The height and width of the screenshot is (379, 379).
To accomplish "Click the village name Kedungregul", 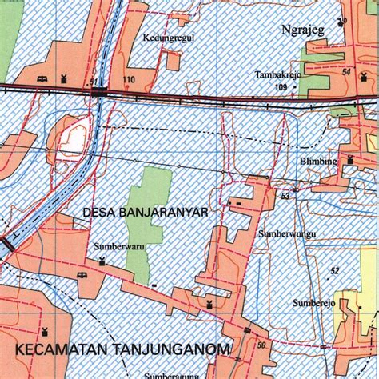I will (169, 37).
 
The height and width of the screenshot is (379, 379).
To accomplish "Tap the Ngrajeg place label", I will (303, 30).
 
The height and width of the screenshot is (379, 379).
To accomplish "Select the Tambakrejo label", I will (277, 74).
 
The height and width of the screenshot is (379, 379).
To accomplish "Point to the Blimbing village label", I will (319, 161).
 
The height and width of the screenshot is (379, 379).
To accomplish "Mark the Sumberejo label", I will (313, 304).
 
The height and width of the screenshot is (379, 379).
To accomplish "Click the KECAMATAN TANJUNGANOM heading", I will (122, 349).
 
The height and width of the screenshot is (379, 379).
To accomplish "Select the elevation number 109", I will (280, 86).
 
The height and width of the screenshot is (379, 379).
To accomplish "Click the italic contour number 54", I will (345, 73).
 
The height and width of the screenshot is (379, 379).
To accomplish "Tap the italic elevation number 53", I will (285, 196).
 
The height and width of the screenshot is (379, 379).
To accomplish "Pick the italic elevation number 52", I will (335, 272).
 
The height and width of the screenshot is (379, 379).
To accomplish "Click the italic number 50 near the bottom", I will (261, 345).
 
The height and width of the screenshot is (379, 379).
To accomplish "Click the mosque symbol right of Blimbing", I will (350, 161).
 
